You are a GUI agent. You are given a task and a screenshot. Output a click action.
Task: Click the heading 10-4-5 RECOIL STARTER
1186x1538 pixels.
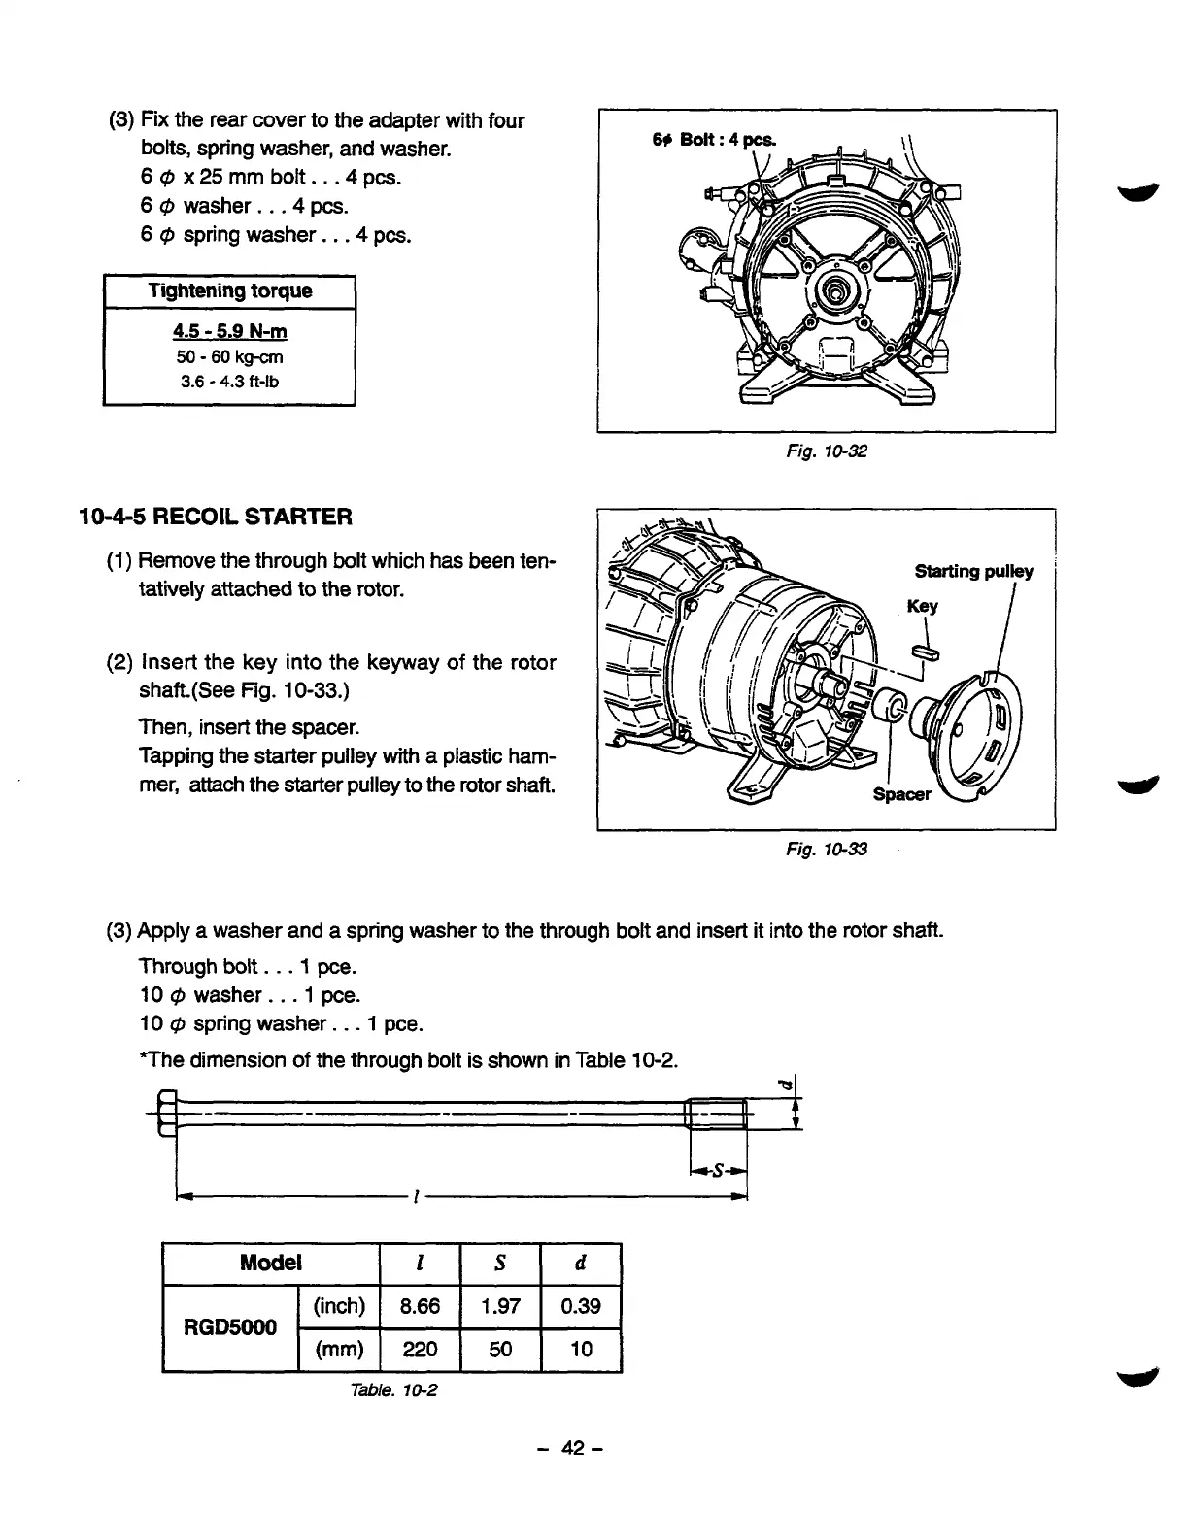click(x=215, y=516)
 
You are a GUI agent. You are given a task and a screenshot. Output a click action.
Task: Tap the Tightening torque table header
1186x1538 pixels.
click(x=229, y=291)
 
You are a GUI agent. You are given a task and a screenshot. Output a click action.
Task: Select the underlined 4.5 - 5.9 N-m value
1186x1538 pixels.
click(x=229, y=332)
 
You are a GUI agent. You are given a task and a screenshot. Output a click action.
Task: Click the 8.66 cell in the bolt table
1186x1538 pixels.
click(x=421, y=1306)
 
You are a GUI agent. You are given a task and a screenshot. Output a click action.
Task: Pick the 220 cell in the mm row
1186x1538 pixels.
click(x=421, y=1349)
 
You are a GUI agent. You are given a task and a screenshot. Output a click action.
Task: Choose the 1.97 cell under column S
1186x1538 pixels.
click(x=501, y=1306)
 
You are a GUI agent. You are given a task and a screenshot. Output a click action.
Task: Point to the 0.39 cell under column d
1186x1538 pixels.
click(x=581, y=1306)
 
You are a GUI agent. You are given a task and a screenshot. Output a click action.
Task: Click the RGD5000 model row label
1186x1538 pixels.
click(x=230, y=1326)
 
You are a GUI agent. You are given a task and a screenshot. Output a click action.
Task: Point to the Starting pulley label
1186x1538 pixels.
click(x=973, y=571)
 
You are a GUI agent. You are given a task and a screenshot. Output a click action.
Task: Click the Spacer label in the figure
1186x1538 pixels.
click(x=901, y=794)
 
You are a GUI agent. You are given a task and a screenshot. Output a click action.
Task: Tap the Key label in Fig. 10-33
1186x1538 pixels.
click(x=922, y=607)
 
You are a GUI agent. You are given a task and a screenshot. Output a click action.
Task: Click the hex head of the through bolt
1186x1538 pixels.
click(x=165, y=1114)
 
